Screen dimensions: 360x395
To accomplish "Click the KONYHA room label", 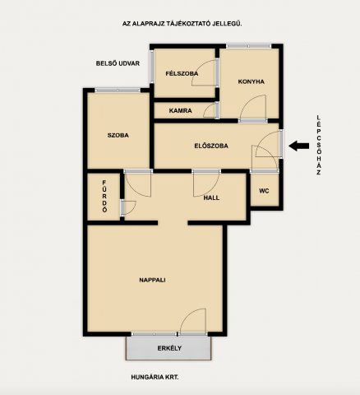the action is (251, 81).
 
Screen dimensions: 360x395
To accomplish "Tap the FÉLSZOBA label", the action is (182, 73).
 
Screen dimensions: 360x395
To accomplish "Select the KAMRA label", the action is (180, 111).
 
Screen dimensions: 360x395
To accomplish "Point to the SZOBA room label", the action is (118, 135).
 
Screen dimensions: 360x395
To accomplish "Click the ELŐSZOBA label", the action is (211, 146).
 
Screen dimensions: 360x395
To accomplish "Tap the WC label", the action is (264, 191).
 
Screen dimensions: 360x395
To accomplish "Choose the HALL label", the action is (211, 197).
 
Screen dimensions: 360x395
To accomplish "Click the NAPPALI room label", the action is (152, 280).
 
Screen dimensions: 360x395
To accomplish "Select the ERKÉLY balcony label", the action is (169, 348).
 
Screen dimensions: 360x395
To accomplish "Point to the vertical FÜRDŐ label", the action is (104, 197).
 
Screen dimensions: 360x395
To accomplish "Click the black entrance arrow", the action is (299, 146).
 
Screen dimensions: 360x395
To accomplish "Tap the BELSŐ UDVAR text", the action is (118, 63).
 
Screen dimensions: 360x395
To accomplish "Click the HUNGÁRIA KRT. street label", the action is (155, 377).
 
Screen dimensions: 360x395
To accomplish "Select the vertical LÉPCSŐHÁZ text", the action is (318, 145).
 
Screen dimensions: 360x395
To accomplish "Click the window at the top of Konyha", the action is (248, 46).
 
